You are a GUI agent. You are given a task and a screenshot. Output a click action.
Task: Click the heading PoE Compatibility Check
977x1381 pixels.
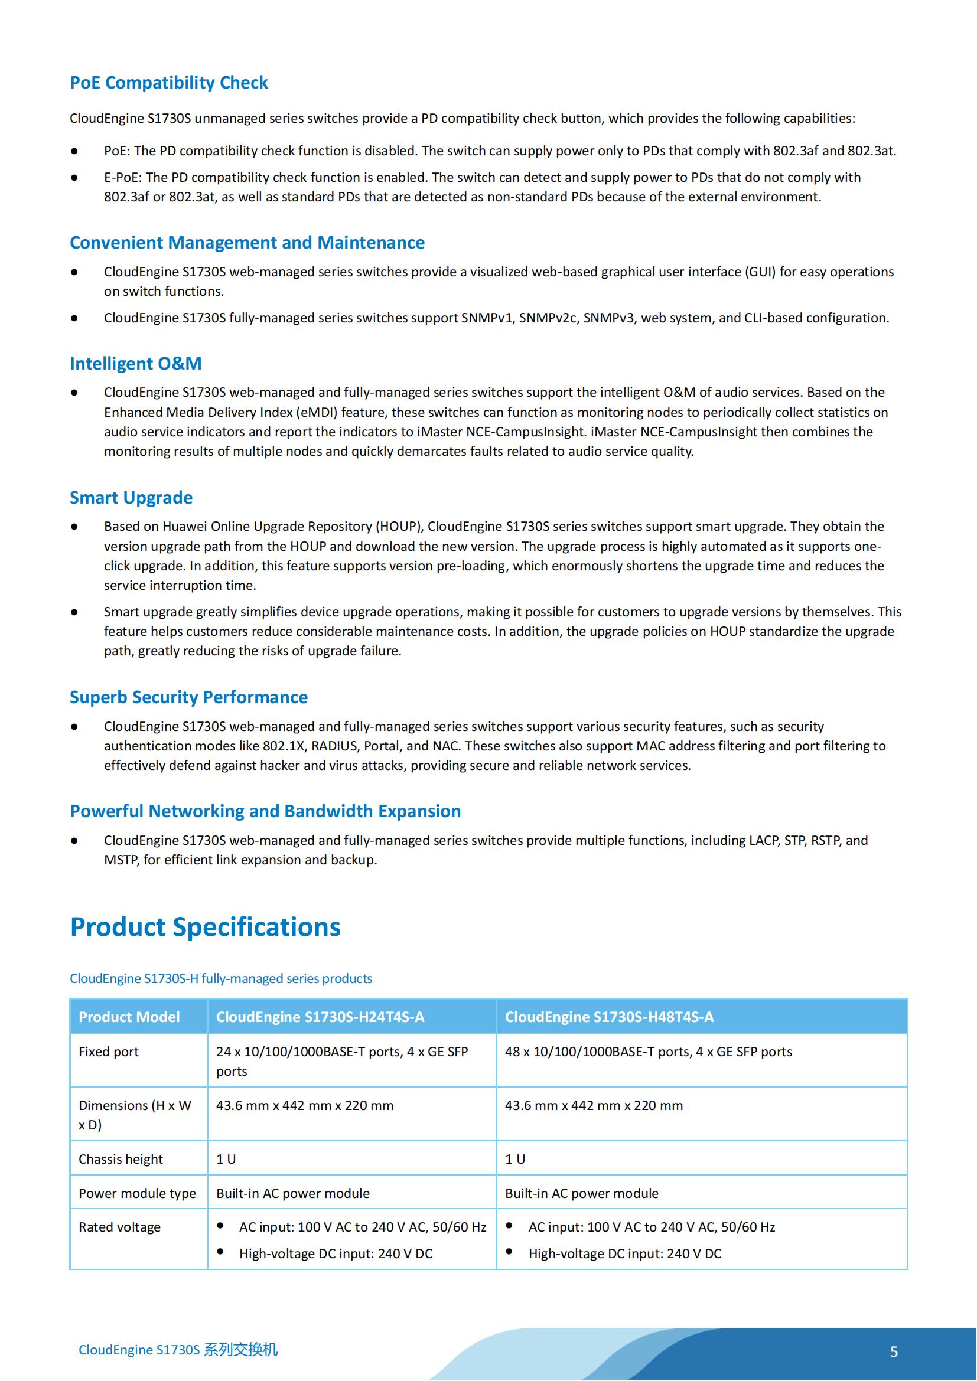pyautogui.click(x=168, y=83)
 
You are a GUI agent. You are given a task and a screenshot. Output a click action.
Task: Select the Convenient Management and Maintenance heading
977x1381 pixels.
pyautogui.click(x=247, y=243)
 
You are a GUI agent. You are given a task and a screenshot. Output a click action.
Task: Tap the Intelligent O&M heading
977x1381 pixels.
pyautogui.click(x=135, y=363)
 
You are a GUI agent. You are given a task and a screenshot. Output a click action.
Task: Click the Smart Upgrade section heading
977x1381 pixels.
pyautogui.click(x=131, y=497)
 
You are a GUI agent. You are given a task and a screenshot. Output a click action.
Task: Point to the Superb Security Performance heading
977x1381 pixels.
pyautogui.click(x=188, y=697)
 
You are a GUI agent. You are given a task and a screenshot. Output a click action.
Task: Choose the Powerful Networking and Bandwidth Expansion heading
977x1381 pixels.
pyautogui.click(x=265, y=811)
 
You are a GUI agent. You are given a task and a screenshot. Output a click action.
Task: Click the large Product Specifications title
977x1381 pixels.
pyautogui.click(x=205, y=927)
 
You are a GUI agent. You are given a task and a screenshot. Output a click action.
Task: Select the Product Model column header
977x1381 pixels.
pyautogui.click(x=129, y=1017)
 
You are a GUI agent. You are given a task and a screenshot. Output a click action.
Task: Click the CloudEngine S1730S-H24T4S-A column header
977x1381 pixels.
pyautogui.click(x=320, y=1017)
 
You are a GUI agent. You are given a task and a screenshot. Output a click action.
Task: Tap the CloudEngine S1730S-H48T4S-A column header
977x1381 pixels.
pyautogui.click(x=609, y=1017)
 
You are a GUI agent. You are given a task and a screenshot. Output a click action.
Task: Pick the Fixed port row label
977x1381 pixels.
pyautogui.click(x=108, y=1052)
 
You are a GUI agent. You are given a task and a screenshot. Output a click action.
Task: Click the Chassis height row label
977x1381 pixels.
pyautogui.click(x=121, y=1159)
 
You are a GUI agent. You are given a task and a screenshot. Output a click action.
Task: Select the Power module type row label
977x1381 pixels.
pyautogui.click(x=137, y=1193)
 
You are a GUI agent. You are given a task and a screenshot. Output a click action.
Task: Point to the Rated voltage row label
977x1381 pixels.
pyautogui.click(x=119, y=1227)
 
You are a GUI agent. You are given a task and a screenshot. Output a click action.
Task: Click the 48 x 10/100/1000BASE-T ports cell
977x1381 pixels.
pyautogui.click(x=648, y=1052)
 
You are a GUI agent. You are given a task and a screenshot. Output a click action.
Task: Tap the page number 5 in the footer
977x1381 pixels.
pyautogui.click(x=894, y=1351)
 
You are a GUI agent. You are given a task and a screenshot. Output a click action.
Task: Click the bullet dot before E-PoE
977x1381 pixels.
pyautogui.click(x=74, y=178)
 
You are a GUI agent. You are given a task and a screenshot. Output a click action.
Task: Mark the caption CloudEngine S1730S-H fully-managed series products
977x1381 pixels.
pyautogui.click(x=221, y=978)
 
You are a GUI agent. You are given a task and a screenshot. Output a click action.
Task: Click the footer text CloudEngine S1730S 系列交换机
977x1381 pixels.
pyautogui.click(x=178, y=1350)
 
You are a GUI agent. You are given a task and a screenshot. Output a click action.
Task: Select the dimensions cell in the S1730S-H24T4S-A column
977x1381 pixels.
pyautogui.click(x=304, y=1105)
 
